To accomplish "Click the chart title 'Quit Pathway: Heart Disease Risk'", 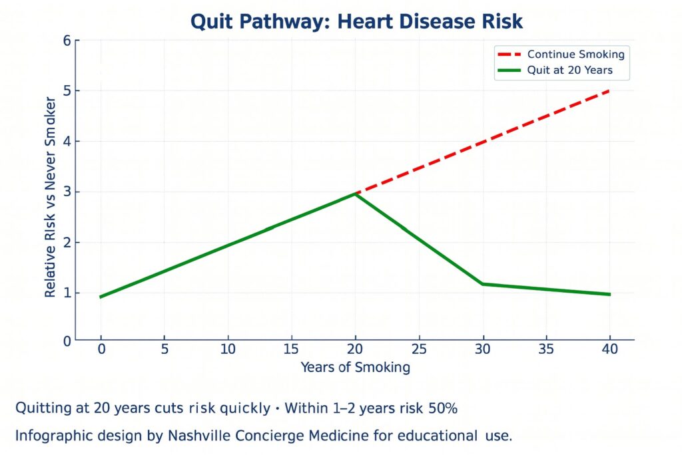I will pyautogui.click(x=356, y=21).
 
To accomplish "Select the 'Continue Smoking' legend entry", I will pyautogui.click(x=575, y=55).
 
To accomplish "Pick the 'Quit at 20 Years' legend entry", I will pyautogui.click(x=569, y=70).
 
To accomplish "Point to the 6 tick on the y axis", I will pyautogui.click(x=67, y=41).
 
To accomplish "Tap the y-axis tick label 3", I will pyautogui.click(x=67, y=192).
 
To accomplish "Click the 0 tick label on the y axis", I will pyautogui.click(x=67, y=341).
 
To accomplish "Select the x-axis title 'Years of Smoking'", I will pyautogui.click(x=355, y=367).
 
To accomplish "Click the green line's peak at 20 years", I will pyautogui.click(x=356, y=194).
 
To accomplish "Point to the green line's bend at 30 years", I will pyautogui.click(x=483, y=284).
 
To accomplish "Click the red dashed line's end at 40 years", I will pyautogui.click(x=609, y=90).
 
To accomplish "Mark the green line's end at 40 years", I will pyautogui.click(x=609, y=294).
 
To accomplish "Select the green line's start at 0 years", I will pyautogui.click(x=101, y=297).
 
